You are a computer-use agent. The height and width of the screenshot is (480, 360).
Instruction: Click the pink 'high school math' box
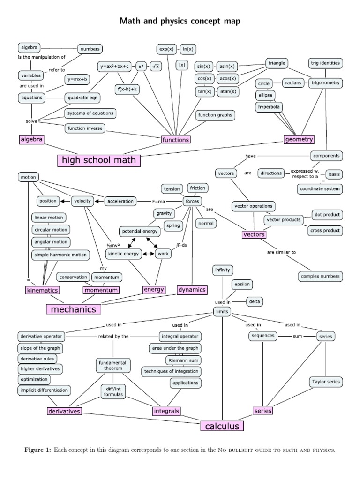tap(99, 160)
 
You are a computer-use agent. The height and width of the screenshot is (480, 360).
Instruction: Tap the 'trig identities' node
tap(325, 63)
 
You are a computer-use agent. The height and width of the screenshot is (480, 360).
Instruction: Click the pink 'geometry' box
tap(299, 139)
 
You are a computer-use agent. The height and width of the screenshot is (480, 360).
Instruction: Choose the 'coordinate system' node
tap(320, 189)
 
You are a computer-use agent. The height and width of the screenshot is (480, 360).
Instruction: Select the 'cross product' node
tap(325, 231)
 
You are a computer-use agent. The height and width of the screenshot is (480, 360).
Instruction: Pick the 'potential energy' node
tap(139, 232)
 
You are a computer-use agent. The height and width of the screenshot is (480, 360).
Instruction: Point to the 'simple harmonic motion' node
tap(60, 255)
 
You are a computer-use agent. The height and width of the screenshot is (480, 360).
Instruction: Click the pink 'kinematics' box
tap(42, 290)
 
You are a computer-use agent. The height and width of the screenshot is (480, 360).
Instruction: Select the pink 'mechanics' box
tap(73, 309)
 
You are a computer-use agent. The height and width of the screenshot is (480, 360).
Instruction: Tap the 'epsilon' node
tap(243, 284)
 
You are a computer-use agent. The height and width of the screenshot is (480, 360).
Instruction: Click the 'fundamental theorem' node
tap(113, 366)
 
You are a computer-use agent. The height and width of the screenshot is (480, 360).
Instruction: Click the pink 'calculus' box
tap(222, 426)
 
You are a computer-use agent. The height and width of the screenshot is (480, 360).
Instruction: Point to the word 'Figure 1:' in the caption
tap(37, 450)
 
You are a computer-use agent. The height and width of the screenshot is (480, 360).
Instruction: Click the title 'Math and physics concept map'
tap(180, 21)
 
